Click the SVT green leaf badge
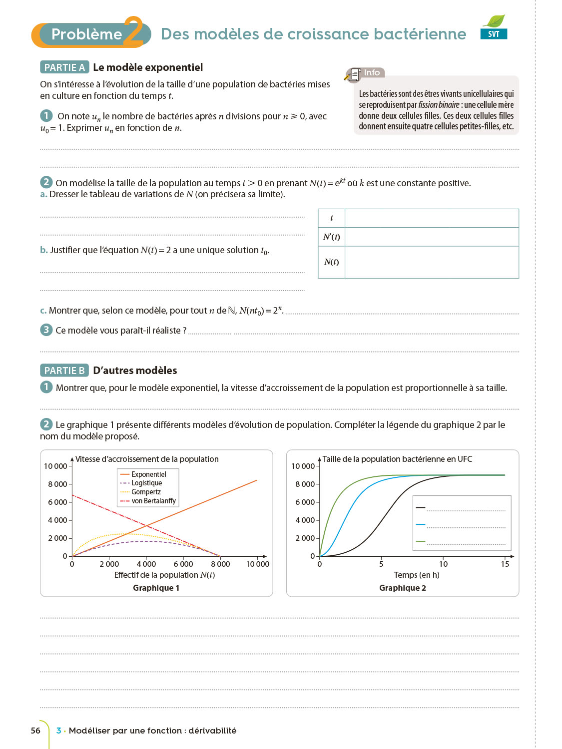tap(494, 27)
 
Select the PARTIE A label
tap(64, 67)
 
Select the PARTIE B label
tap(64, 371)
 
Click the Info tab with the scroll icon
tap(365, 73)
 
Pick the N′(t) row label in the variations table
tap(331, 237)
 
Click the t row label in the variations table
tap(331, 218)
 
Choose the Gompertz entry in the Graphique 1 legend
tap(146, 492)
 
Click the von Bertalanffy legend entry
tap(153, 501)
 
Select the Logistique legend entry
tap(146, 483)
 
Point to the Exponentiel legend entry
tap(148, 474)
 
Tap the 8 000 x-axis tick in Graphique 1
tap(220, 564)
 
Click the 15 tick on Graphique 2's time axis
tap(505, 564)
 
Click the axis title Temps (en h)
tap(417, 575)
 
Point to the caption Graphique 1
tap(156, 588)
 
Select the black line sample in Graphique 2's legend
tap(421, 508)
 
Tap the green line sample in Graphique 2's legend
tap(421, 541)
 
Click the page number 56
tap(35, 731)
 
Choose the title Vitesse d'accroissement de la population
tap(147, 459)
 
